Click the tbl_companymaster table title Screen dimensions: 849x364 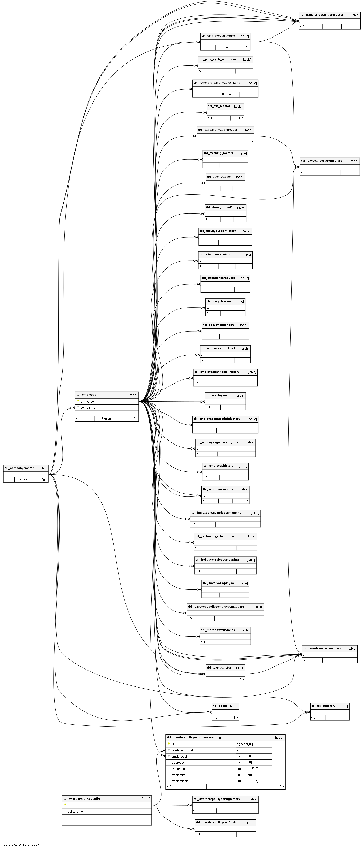click(19, 468)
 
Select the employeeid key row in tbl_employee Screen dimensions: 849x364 click(88, 401)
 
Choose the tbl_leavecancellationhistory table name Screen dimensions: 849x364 click(321, 161)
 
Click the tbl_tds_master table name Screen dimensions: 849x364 click(219, 106)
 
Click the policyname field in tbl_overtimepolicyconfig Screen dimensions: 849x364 click(75, 811)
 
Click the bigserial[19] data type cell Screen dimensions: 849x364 click(245, 744)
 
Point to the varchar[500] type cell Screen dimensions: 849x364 click(245, 756)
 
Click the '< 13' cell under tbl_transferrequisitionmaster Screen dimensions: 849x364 click(303, 26)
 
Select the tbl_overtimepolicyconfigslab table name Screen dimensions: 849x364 click(217, 823)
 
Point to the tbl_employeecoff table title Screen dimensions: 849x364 click(219, 395)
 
